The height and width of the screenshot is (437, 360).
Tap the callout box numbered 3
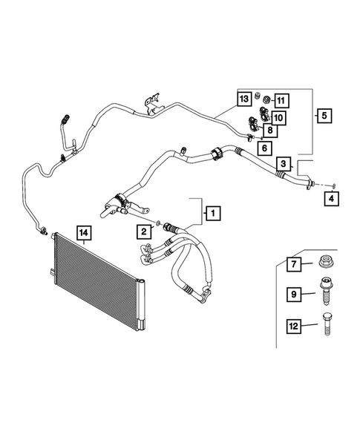284,162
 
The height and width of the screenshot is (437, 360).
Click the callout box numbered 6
263,148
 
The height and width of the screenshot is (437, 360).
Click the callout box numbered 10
278,116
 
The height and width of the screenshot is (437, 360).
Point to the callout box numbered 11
281,99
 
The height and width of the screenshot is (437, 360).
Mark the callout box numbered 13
243,99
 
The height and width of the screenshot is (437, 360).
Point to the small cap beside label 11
261,97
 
